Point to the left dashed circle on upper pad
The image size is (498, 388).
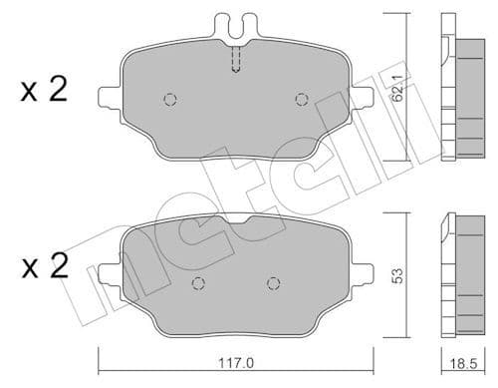pos(168,99)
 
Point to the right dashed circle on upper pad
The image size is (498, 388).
pos(302,98)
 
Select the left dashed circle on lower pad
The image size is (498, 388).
pos(197,282)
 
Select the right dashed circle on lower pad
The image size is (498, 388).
pos(272,282)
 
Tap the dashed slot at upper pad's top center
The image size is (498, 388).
pos(235,60)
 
